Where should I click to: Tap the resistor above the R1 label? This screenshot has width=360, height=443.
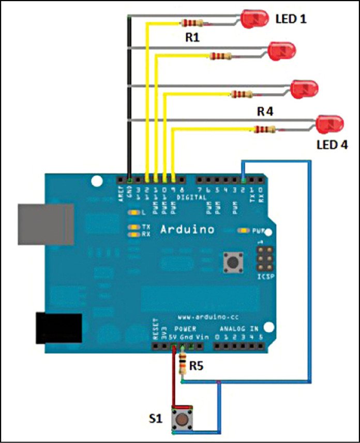click(192, 23)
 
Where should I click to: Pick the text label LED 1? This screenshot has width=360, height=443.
click(291, 19)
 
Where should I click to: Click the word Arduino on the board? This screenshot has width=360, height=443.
click(187, 229)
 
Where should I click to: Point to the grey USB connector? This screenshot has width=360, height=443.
click(45, 223)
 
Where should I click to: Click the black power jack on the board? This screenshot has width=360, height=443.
click(58, 328)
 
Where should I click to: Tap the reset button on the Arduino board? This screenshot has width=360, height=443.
click(234, 263)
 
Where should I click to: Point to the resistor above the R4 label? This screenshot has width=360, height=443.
click(241, 94)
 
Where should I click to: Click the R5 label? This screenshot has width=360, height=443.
click(196, 366)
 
